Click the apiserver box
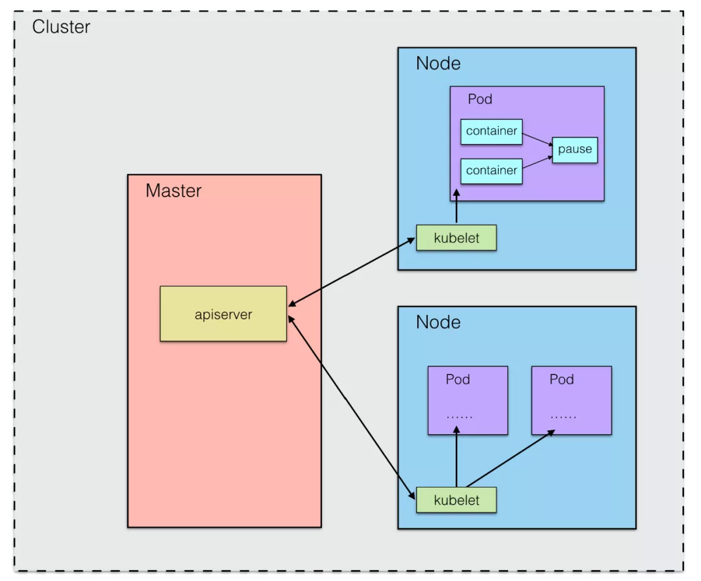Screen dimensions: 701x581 [223, 314]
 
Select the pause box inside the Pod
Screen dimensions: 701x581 [575, 150]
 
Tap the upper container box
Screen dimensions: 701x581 [491, 132]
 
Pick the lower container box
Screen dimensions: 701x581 [491, 171]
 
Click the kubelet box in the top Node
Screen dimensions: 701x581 [456, 238]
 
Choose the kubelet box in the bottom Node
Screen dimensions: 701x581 [456, 500]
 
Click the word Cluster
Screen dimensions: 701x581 [61, 27]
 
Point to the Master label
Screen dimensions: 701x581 [173, 191]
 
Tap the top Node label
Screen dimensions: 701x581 [438, 64]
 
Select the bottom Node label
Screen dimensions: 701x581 [438, 323]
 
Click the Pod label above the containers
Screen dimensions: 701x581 [480, 99]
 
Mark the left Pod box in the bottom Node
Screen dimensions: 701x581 [467, 401]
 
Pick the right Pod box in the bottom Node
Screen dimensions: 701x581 [571, 401]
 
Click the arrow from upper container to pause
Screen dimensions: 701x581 [538, 139]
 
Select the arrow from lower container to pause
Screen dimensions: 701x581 [538, 162]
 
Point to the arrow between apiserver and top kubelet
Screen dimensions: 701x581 [351, 272]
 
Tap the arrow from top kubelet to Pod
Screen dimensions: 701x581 [456, 206]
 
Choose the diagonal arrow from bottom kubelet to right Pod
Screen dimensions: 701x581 [510, 458]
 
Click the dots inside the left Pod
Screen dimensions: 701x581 [459, 417]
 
